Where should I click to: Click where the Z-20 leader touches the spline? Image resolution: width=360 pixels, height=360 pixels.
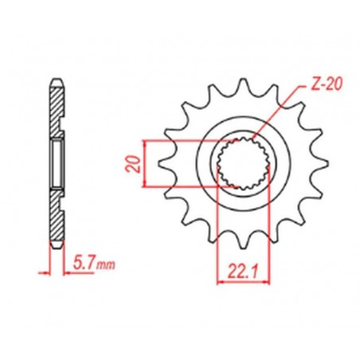(254, 147)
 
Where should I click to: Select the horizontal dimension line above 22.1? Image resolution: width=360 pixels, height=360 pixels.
(238, 280)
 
